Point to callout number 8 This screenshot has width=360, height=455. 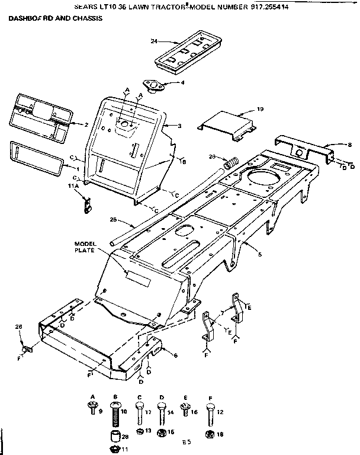[350, 144]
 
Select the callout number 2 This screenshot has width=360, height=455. [86, 124]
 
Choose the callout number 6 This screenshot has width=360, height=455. [176, 355]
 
